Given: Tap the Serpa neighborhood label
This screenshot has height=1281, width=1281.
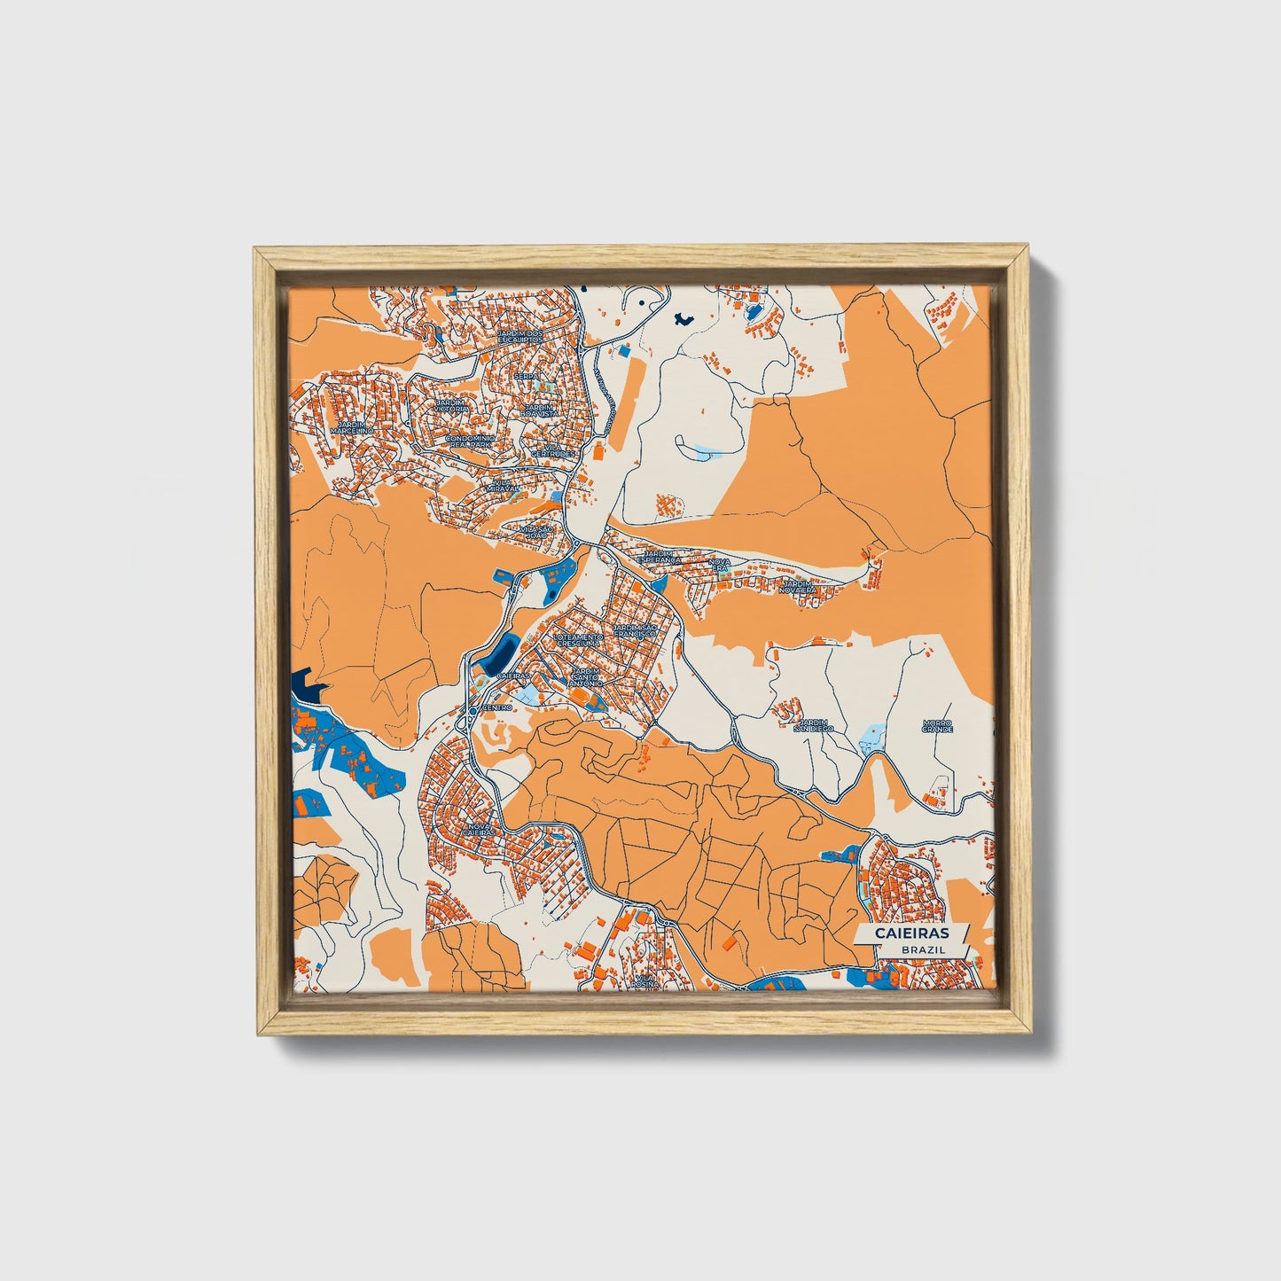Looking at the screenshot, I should coord(526,376).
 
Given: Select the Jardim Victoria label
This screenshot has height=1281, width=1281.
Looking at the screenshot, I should coord(452,406).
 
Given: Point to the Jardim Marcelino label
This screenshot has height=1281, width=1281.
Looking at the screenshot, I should coord(351,427).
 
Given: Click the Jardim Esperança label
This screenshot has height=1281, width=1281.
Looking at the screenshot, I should coord(659,557).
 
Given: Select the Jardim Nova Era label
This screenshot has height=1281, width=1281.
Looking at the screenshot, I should coord(797,586).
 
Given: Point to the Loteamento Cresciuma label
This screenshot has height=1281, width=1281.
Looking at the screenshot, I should coord(578,639).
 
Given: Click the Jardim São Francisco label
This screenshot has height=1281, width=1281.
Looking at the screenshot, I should coord(635,631).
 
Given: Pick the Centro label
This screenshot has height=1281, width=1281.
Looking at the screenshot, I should coord(496,707).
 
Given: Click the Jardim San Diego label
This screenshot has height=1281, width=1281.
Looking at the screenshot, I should coord(814,726).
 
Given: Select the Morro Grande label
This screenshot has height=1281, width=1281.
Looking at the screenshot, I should coord(936,725).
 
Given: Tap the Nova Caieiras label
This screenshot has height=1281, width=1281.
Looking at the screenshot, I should coord(478,829).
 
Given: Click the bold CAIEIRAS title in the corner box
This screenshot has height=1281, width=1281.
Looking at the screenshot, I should coord(911,933).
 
